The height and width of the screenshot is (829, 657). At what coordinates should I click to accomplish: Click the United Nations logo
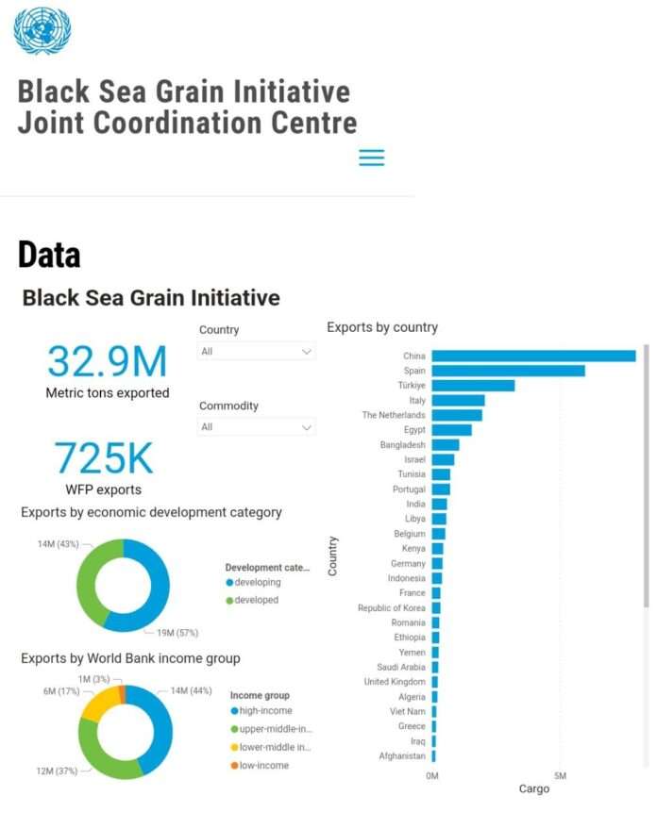pos(42,30)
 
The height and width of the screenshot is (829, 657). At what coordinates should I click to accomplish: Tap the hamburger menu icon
pos(372,158)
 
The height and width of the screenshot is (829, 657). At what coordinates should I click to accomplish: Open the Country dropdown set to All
pos(257,352)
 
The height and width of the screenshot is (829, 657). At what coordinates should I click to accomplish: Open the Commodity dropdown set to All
pos(257,427)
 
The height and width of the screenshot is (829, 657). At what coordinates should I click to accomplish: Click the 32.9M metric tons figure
pos(107,362)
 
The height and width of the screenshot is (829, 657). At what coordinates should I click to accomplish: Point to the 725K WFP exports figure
pos(103,459)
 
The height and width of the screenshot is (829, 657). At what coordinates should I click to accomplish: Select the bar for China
pos(533,356)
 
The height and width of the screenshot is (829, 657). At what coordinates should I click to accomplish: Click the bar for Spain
pos(508,371)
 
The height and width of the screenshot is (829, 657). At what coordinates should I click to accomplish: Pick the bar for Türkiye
pos(473,386)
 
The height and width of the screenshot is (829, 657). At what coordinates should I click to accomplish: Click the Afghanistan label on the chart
pos(401,756)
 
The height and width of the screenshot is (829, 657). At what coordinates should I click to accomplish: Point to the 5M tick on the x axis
pos(560,776)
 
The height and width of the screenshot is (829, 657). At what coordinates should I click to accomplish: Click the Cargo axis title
pos(533,789)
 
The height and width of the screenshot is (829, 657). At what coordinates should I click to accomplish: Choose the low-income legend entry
pos(261,765)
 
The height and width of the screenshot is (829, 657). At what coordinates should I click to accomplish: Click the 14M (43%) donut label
pos(59,544)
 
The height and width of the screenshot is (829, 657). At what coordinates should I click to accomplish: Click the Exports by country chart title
pos(382,327)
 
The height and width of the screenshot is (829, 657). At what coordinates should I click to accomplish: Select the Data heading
pos(49,256)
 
